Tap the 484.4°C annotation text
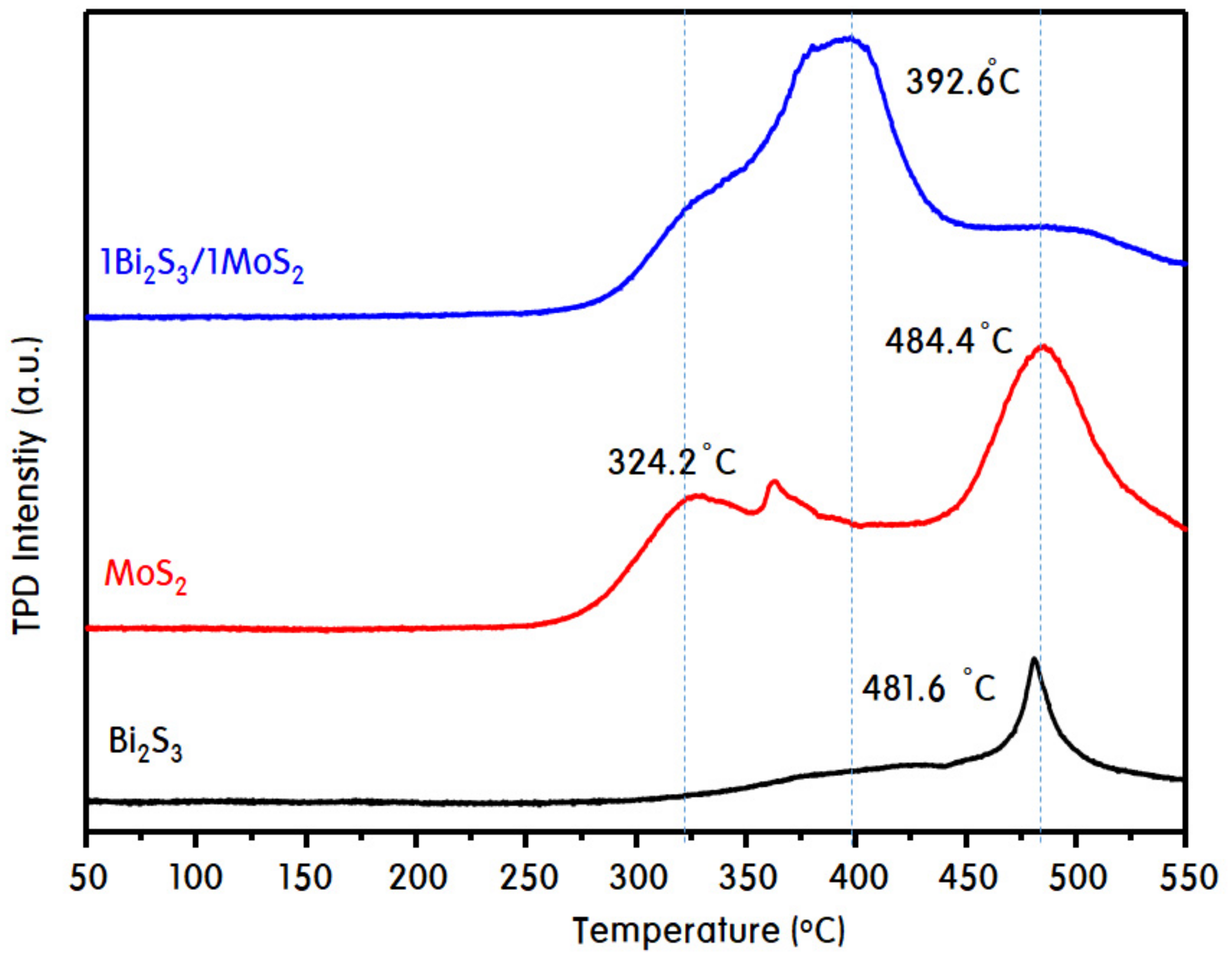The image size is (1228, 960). [x=949, y=342]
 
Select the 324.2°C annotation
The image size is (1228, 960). [x=671, y=464]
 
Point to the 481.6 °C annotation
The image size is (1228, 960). [x=929, y=689]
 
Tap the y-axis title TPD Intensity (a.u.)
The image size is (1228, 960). [x=28, y=486]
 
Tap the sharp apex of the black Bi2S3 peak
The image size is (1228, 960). [x=1034, y=659]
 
